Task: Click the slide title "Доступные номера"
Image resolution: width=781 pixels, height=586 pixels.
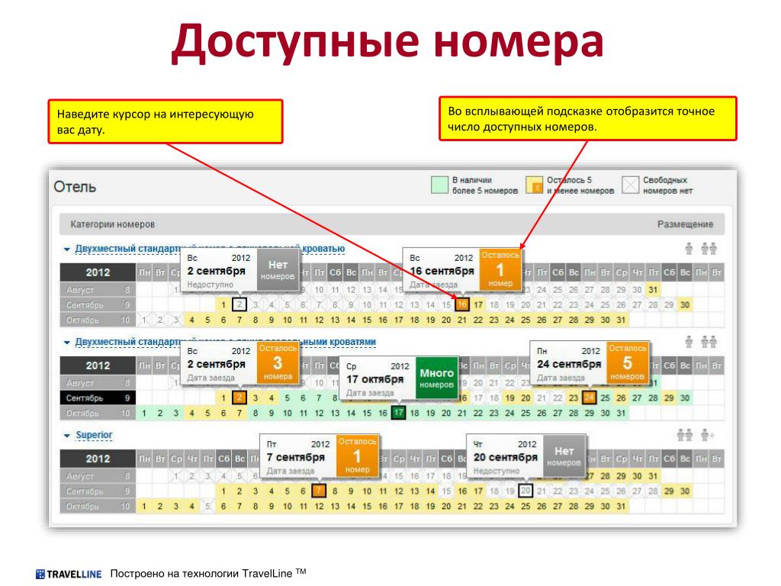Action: coord(388,42)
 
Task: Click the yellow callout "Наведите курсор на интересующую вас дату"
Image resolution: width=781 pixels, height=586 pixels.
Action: coord(165,121)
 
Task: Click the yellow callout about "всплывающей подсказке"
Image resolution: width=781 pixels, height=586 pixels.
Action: coord(587,118)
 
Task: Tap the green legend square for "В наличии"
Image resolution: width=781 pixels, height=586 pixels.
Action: coord(439,185)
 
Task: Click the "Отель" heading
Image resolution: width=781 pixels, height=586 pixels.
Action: coord(75,186)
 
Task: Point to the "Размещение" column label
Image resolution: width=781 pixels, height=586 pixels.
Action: coord(685,225)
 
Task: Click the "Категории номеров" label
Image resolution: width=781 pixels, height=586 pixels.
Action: coord(112,225)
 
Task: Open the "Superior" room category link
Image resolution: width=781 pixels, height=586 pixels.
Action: coord(94,435)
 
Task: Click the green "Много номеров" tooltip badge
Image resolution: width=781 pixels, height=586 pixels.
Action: coord(436,377)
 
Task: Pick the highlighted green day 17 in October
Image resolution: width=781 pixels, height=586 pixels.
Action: coord(397,413)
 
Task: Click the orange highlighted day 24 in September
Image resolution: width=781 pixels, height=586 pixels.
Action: coord(588,398)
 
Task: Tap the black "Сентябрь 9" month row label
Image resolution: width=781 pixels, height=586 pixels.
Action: coord(98,398)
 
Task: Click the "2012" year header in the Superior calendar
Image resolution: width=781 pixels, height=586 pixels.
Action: coord(98,459)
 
